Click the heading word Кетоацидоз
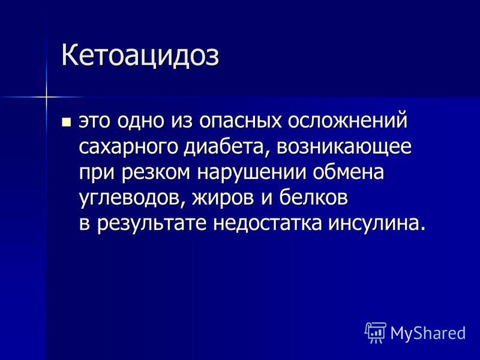pos(140,56)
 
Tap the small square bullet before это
pos(66,122)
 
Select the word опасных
pos(240,121)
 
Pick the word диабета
pos(228,147)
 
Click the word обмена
pos(348,172)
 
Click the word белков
pos(313,197)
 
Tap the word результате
pos(152,224)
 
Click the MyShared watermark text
pos(428,334)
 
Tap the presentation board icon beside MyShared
pos(376,333)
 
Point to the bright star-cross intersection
pos(47,97)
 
